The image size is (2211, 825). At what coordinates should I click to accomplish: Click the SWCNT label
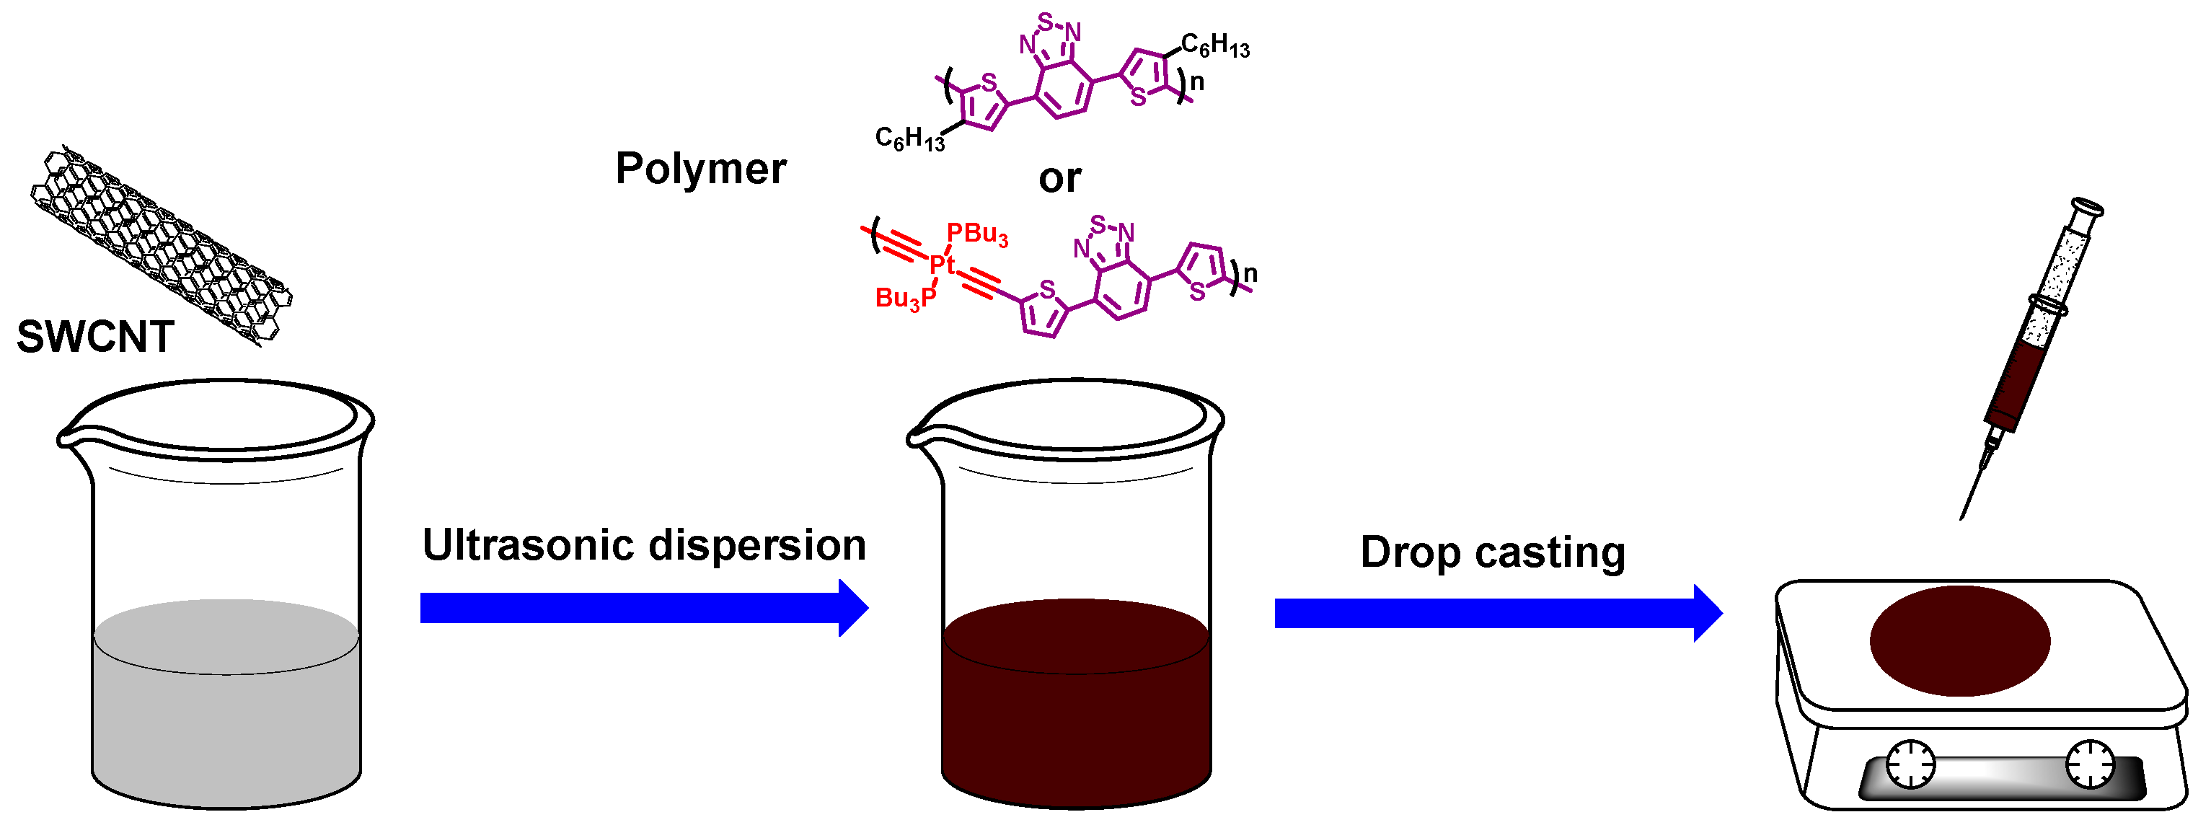point(95,337)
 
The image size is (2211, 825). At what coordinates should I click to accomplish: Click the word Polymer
point(700,168)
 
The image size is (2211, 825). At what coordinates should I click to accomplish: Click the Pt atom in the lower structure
point(942,265)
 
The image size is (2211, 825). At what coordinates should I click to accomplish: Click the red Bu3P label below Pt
point(906,299)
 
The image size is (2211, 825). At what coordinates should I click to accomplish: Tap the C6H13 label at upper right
point(1214,45)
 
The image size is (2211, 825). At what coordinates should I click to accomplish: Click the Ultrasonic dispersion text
point(644,545)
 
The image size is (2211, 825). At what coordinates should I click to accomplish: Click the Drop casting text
point(1493,552)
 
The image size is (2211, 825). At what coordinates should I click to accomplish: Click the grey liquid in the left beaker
point(226,712)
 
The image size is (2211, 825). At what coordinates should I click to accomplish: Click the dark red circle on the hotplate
point(1959,640)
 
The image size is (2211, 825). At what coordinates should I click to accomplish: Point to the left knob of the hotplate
point(1910,762)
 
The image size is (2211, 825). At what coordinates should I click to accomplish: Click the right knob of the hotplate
point(2089,763)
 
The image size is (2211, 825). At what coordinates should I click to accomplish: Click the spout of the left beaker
point(65,438)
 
